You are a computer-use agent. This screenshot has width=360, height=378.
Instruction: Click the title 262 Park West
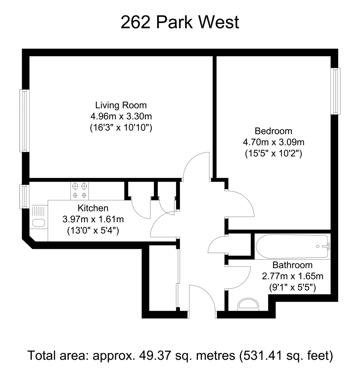pyautogui.click(x=180, y=22)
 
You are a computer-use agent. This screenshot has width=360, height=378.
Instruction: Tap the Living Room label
pyautogui.click(x=121, y=105)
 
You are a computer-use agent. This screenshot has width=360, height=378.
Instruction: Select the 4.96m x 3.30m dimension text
pyautogui.click(x=121, y=116)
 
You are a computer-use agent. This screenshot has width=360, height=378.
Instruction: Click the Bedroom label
pyautogui.click(x=273, y=131)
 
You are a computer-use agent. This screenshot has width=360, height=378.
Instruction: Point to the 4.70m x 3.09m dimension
pyautogui.click(x=273, y=142)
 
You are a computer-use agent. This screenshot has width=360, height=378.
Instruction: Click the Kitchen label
pyautogui.click(x=93, y=208)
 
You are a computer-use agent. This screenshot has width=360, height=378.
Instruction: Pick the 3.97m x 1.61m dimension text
pyautogui.click(x=93, y=219)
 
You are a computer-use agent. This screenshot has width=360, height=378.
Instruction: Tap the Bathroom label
pyautogui.click(x=293, y=265)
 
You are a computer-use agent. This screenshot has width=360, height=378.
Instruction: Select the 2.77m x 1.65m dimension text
pyautogui.click(x=293, y=276)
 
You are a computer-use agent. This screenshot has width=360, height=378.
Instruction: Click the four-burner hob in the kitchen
pyautogui.click(x=80, y=191)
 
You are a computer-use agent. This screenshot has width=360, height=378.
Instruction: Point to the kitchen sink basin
pyautogui.click(x=39, y=223)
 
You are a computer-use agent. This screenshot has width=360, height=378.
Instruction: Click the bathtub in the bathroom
pyautogui.click(x=293, y=246)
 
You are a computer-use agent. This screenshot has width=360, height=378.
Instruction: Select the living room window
pyautogui.click(x=25, y=121)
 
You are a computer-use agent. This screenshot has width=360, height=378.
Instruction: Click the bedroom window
pyautogui.click(x=335, y=91)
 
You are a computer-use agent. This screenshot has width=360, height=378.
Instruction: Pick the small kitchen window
pyautogui.click(x=25, y=197)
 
